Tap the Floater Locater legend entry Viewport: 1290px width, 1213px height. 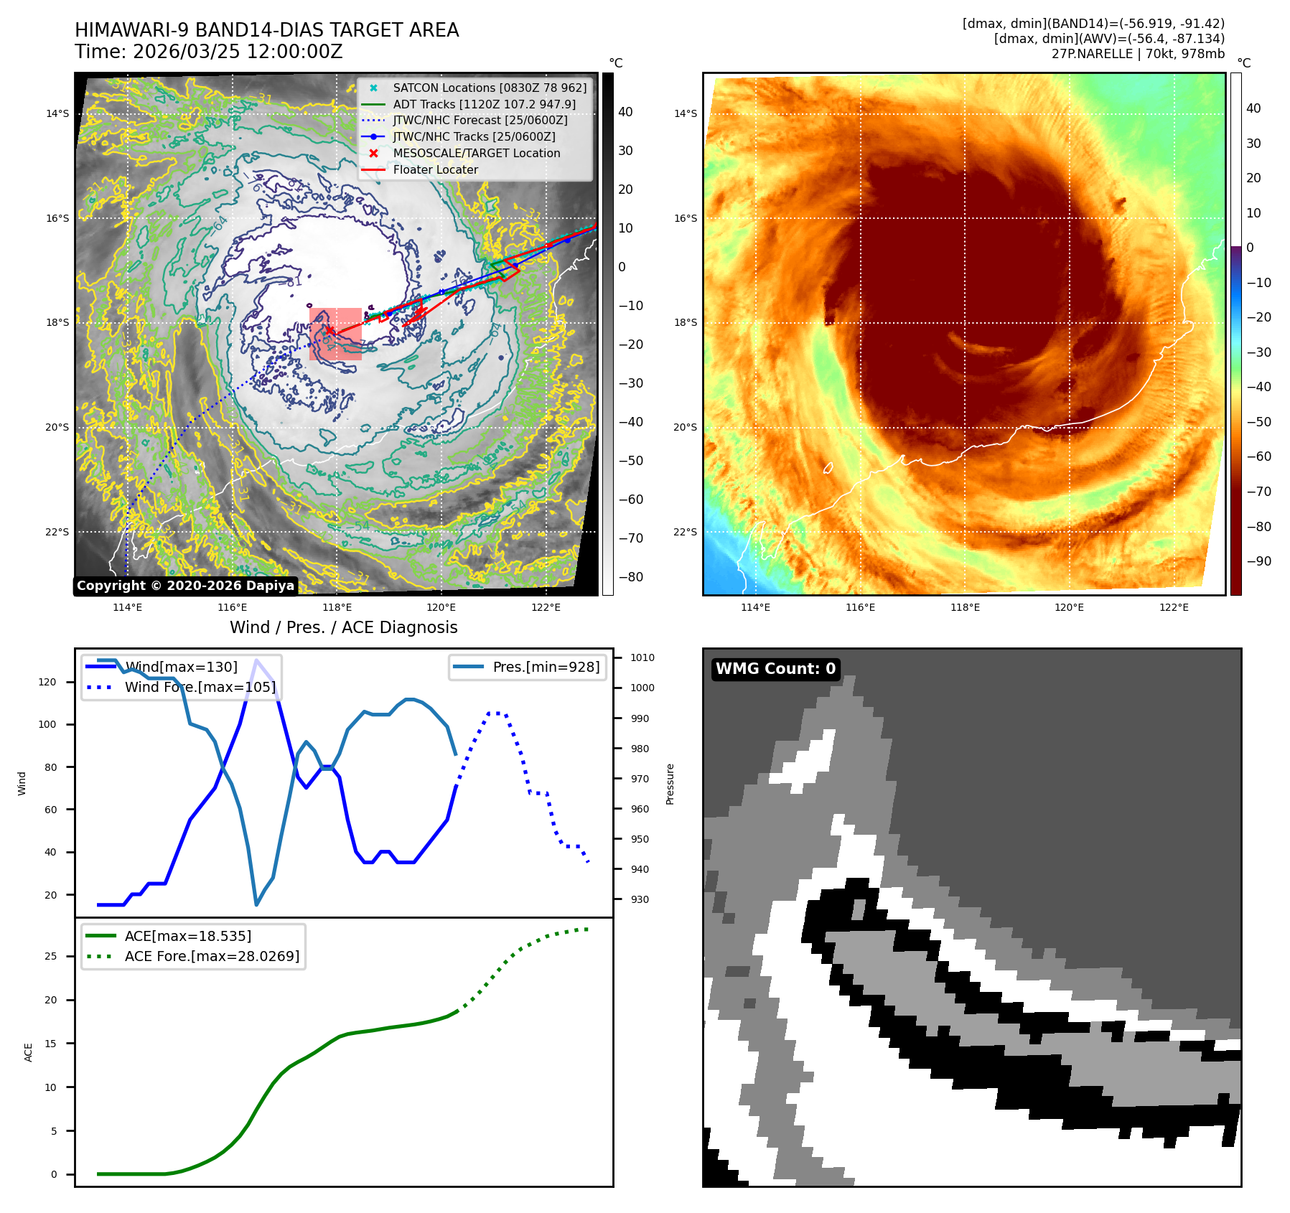coord(435,169)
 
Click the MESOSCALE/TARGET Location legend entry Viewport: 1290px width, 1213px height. coord(476,153)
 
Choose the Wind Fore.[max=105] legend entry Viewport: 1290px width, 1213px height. coord(200,687)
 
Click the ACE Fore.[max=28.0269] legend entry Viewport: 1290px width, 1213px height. coord(212,956)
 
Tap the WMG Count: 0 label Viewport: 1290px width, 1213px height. coord(775,669)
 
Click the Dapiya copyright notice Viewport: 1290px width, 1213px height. coord(185,586)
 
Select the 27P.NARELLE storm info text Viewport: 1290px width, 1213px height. coord(1138,54)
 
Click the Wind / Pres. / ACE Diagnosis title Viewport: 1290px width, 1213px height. coord(343,627)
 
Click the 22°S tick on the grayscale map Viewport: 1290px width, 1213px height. coord(57,532)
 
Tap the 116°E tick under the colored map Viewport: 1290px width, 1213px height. coord(860,607)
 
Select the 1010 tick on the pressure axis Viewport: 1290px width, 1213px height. coord(642,657)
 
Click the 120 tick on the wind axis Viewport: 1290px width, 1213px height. coord(47,682)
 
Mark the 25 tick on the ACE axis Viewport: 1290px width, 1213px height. coord(50,956)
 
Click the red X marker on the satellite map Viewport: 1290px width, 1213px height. coord(329,331)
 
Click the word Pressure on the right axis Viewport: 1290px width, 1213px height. coord(670,784)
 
